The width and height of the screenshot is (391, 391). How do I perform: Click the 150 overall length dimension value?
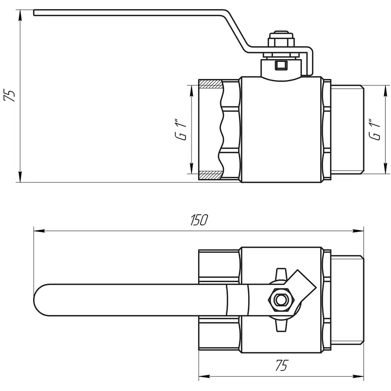(x=199, y=220)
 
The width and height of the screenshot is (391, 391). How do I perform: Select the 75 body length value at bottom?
(x=281, y=366)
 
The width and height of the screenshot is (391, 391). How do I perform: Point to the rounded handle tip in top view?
(x=41, y=300)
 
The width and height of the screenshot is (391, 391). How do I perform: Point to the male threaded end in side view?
(x=348, y=129)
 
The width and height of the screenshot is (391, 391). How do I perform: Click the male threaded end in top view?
(x=348, y=300)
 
